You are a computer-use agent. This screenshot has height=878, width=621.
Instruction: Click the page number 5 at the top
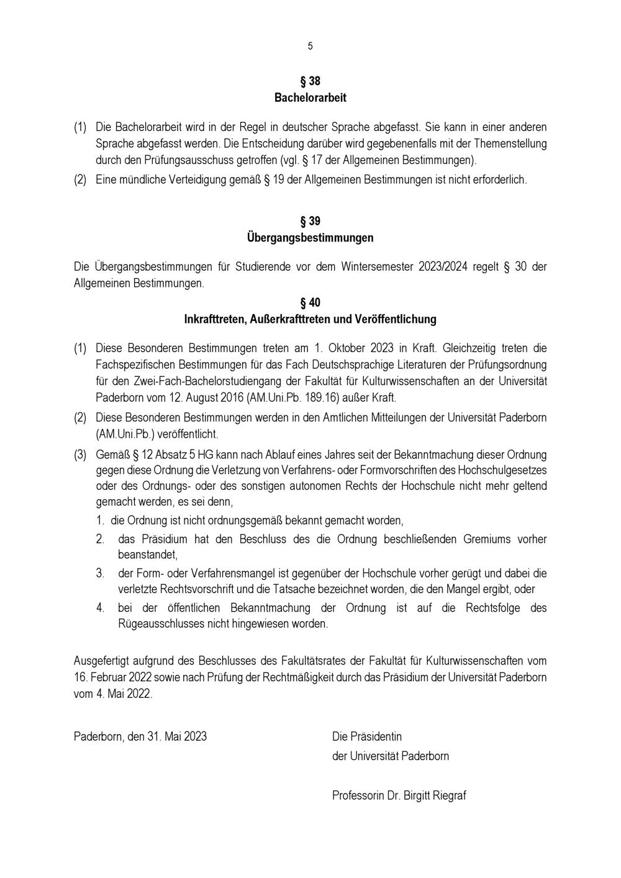coord(310,46)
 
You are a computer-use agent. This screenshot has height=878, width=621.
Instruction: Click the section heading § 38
coord(310,81)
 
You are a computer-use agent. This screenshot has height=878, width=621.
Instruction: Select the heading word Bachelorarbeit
coord(310,98)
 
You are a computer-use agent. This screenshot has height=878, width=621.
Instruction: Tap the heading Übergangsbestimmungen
coord(310,238)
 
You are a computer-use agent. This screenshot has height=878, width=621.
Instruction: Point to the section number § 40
coord(310,303)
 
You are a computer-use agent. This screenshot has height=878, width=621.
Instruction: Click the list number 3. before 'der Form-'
coord(100,573)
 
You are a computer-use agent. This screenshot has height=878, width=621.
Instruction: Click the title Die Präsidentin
coord(367,737)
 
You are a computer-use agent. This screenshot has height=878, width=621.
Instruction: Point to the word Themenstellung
coord(507,144)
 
